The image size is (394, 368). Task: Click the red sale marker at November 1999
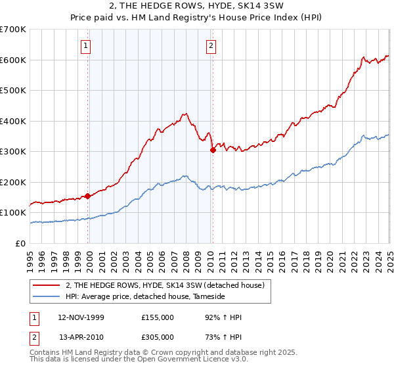(x=87, y=196)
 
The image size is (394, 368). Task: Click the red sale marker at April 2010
(x=212, y=150)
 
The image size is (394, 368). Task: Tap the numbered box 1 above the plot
(x=87, y=45)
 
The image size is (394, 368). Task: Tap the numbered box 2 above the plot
(x=211, y=45)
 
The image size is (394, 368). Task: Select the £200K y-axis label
(x=13, y=182)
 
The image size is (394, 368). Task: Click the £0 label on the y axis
(x=20, y=243)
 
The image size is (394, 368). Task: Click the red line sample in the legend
(x=47, y=285)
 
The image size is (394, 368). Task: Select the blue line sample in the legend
(x=47, y=296)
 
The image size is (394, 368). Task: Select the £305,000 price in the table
(x=158, y=337)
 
